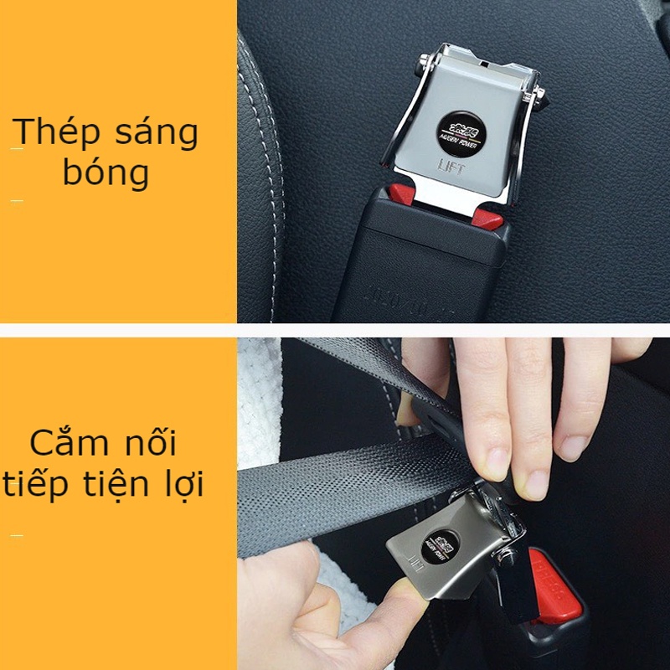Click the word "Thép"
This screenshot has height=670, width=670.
[55, 132]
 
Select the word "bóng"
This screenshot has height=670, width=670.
[106, 173]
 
